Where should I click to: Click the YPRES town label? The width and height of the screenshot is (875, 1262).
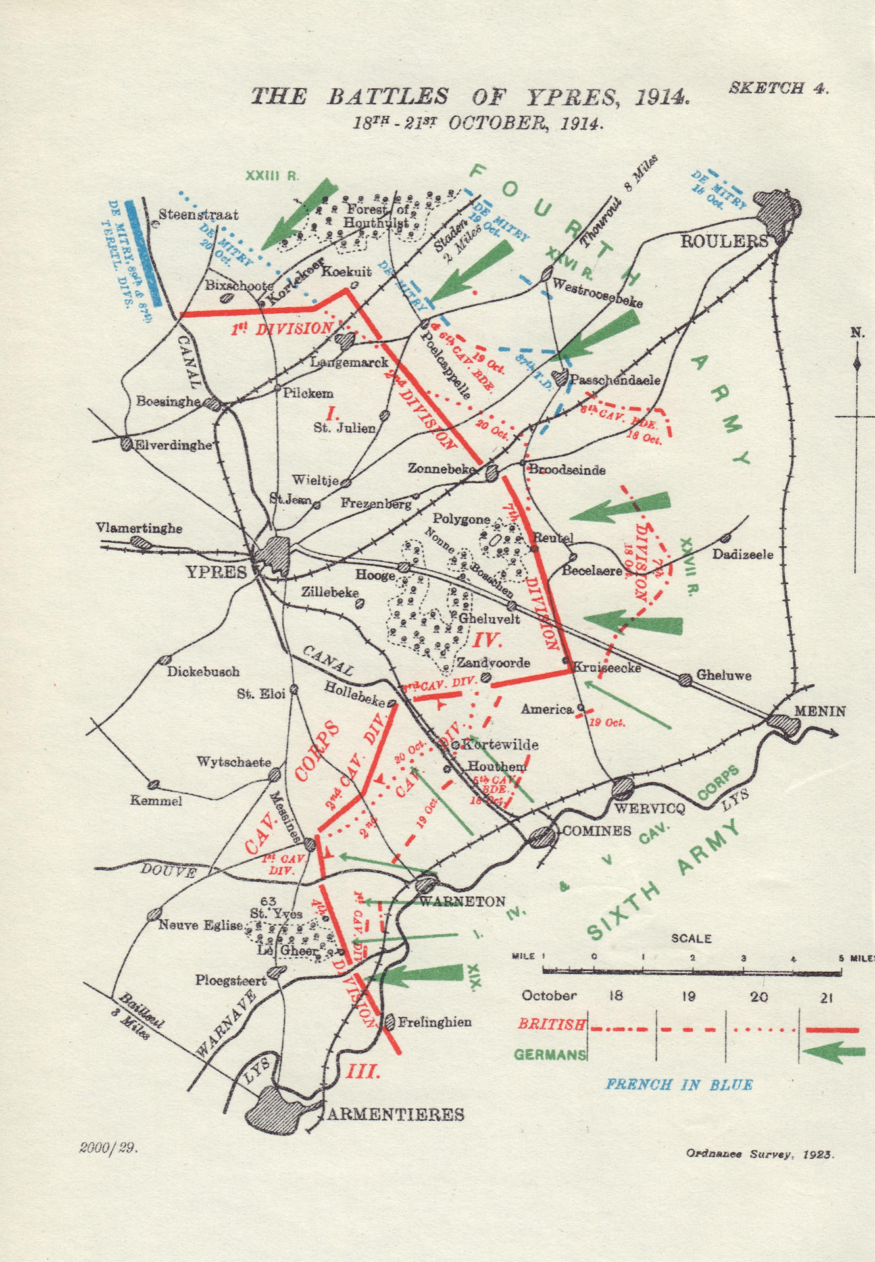[216, 571]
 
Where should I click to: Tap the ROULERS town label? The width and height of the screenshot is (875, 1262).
[724, 241]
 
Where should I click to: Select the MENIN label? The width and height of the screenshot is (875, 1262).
[820, 711]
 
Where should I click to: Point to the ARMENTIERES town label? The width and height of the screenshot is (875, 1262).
[395, 1114]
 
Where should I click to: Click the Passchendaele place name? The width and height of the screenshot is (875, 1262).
[614, 380]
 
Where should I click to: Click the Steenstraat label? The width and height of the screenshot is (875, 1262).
[199, 215]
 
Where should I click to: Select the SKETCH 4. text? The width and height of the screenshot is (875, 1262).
[778, 89]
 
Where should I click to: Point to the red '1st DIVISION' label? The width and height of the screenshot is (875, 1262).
[282, 328]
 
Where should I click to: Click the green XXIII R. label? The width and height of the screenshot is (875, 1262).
[272, 176]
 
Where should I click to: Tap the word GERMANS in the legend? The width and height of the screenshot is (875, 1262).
[550, 1054]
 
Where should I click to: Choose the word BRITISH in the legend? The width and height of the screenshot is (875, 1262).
[551, 1024]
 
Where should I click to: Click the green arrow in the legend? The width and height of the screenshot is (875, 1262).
[834, 1051]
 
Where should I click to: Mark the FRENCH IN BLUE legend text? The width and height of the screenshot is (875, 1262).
[679, 1084]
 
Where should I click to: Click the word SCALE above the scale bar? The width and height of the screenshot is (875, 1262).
[691, 939]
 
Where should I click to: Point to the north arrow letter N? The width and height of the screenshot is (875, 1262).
[857, 332]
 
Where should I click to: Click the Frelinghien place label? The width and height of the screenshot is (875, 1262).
[434, 1022]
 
